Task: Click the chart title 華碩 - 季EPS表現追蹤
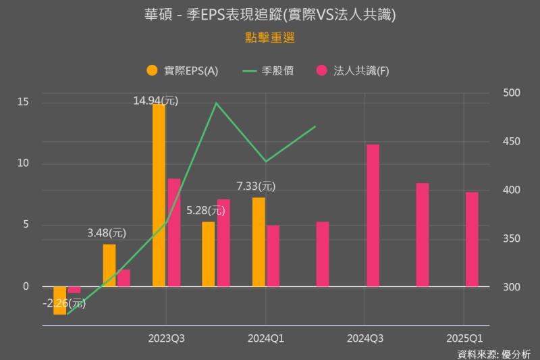pos(270,14)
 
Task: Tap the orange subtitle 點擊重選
pos(270,38)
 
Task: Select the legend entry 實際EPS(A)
pos(182,70)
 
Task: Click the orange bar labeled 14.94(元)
pos(159,196)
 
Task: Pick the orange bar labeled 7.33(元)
pos(259,242)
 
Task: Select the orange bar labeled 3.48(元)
pos(109,265)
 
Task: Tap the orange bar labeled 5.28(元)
pos(209,254)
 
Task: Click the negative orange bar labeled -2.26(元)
pos(60,301)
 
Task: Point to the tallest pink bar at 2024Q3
pos(373,215)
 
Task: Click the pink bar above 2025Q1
pos(472,239)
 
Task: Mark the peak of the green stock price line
pos(215,103)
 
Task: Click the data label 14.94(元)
pos(155,101)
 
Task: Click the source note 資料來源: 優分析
pos(493,353)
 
